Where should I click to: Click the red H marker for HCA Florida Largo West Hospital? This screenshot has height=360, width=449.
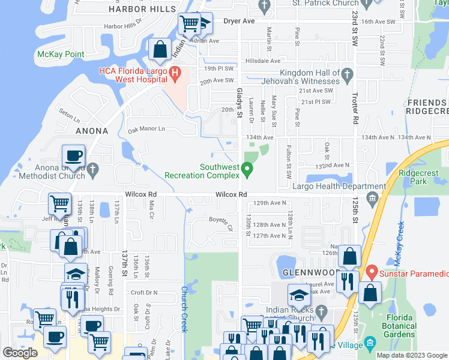pos(175,74)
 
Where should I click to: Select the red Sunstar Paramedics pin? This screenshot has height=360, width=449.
pos(372,274)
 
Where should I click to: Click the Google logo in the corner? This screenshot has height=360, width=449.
pos(20,353)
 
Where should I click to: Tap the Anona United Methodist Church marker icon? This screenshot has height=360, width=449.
pos(92,171)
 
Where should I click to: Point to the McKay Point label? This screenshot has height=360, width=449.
pos(61,54)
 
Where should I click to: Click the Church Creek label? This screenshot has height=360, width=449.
pos(185,309)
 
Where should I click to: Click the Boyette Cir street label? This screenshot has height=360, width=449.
pos(221,223)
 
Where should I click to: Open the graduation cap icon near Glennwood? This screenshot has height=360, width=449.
pos(299,295)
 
